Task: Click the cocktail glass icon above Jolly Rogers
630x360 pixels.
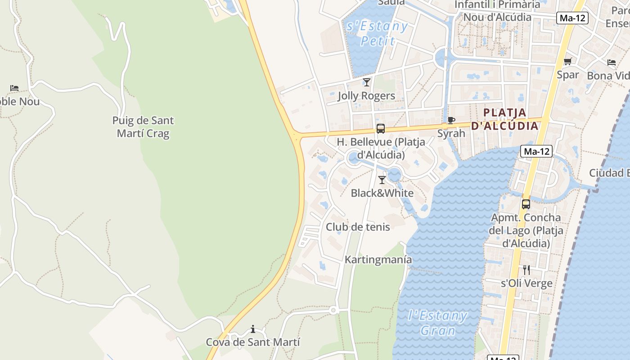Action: [x=367, y=82]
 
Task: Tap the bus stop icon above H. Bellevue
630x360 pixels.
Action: [x=381, y=129]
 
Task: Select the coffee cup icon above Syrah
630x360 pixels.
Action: [x=451, y=121]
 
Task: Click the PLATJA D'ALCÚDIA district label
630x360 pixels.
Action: [x=504, y=119]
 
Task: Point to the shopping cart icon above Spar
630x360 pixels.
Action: [x=568, y=62]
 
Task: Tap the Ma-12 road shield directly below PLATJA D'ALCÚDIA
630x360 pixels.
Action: [x=536, y=151]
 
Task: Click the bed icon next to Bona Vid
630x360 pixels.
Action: [x=611, y=63]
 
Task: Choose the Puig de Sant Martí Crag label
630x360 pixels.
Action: [x=143, y=127]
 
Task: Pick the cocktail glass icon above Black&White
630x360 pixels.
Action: [x=382, y=180]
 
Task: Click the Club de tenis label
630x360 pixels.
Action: [x=358, y=227]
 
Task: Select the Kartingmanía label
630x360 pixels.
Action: [x=378, y=260]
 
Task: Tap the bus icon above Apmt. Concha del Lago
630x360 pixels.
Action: [x=526, y=204]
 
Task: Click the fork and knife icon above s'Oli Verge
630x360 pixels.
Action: [x=526, y=270]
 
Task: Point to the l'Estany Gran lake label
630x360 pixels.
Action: [x=437, y=323]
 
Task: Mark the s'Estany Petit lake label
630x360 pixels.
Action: [x=378, y=33]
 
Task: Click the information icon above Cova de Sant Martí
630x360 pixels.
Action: [x=253, y=329]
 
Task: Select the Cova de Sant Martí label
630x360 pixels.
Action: [x=253, y=342]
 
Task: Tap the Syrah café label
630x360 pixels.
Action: [x=451, y=133]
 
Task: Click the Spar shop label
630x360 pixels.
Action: [x=568, y=75]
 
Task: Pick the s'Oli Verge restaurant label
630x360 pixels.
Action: [x=526, y=283]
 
